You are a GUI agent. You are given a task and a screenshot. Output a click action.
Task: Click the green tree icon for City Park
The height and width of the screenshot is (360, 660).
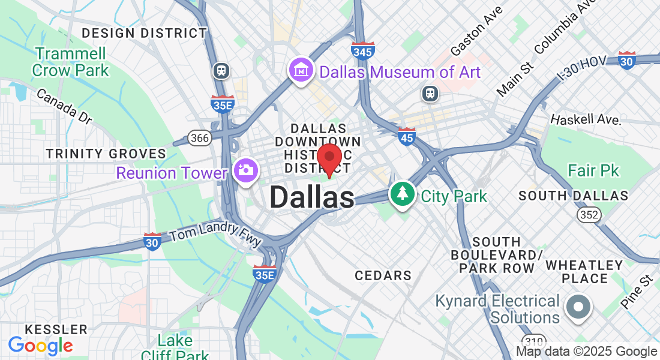click(x=402, y=194)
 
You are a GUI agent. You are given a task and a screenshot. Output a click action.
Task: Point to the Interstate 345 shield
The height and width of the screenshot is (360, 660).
click(x=364, y=51)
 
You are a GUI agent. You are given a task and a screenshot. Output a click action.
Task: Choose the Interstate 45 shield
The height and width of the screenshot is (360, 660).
click(x=406, y=136)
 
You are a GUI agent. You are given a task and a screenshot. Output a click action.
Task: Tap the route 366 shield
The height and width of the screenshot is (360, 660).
click(x=199, y=138)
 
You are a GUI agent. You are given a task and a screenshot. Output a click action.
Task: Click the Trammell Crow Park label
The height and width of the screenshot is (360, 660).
click(x=71, y=62)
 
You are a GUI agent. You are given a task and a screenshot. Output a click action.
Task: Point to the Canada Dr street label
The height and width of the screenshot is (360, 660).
click(x=64, y=106)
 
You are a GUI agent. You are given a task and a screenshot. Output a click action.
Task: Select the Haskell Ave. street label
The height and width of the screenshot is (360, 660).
click(x=585, y=119)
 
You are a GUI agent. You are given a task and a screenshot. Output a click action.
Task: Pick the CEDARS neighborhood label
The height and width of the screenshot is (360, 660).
click(x=383, y=275)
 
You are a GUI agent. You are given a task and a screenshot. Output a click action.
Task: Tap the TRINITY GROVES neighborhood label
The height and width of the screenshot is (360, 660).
click(x=106, y=154)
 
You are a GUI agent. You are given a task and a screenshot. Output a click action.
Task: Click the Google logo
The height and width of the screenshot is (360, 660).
click(x=40, y=346)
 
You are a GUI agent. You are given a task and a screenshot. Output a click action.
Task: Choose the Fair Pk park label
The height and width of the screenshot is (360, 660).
click(x=593, y=171)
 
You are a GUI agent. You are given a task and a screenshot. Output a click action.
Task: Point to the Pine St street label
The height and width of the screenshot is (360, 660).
click(x=637, y=292)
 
